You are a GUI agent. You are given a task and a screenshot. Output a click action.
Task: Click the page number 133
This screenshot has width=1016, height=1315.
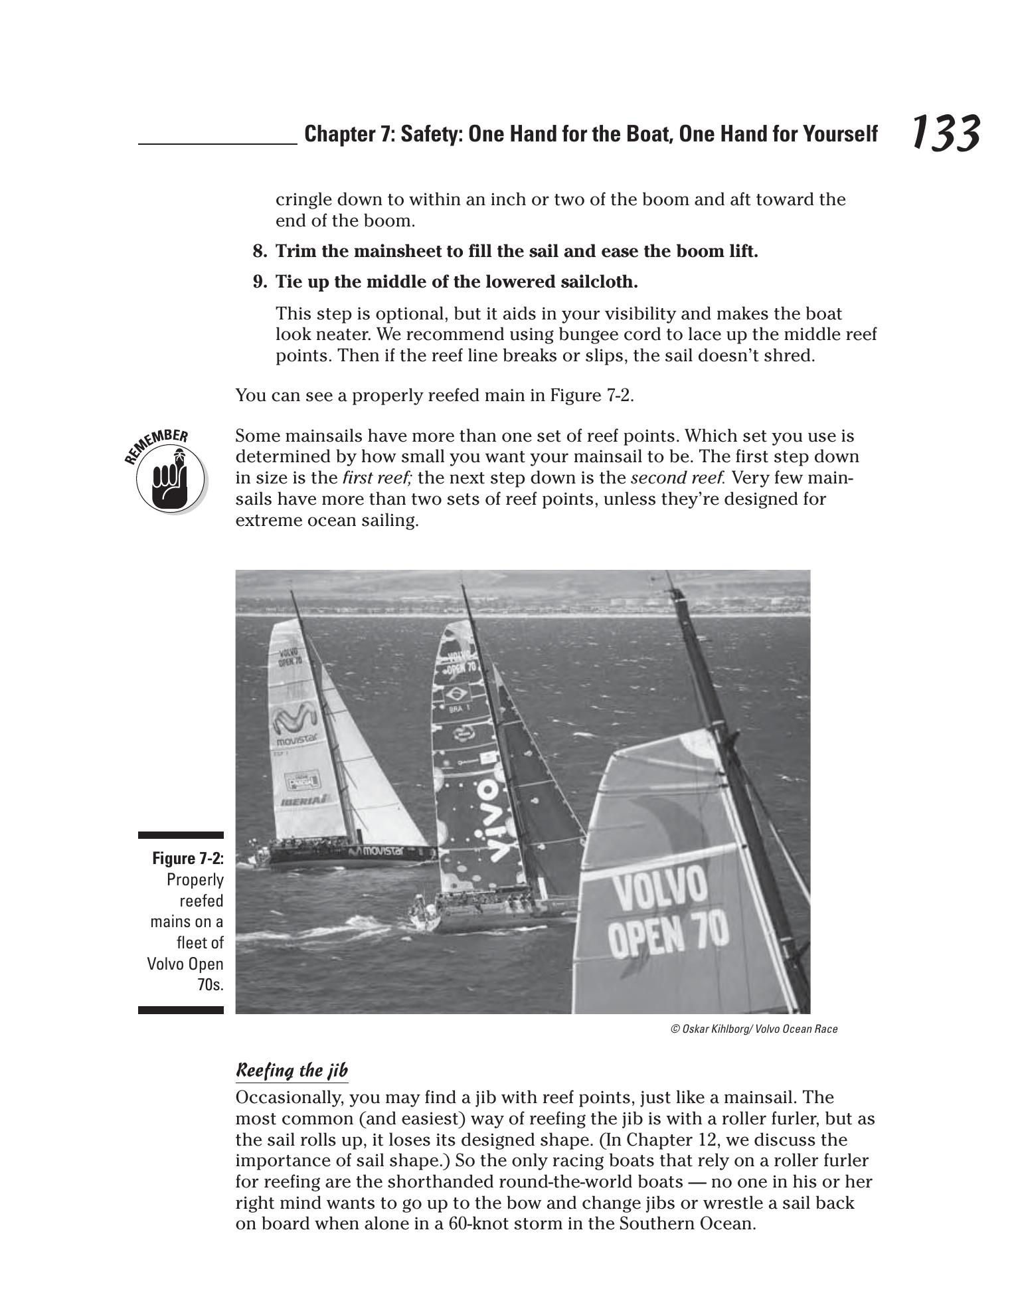944,133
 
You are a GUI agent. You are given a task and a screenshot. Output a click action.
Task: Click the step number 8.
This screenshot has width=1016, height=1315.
260,252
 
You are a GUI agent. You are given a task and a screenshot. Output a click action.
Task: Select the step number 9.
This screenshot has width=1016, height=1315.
260,282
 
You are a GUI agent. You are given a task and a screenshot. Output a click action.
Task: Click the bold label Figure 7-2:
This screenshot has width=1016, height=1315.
188,859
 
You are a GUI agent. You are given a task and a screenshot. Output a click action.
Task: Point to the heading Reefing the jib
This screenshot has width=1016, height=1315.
292,1071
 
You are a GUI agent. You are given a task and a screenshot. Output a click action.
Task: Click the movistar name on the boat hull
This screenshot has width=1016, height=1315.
382,851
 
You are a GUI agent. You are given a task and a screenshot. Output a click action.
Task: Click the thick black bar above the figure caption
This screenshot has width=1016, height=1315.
181,835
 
